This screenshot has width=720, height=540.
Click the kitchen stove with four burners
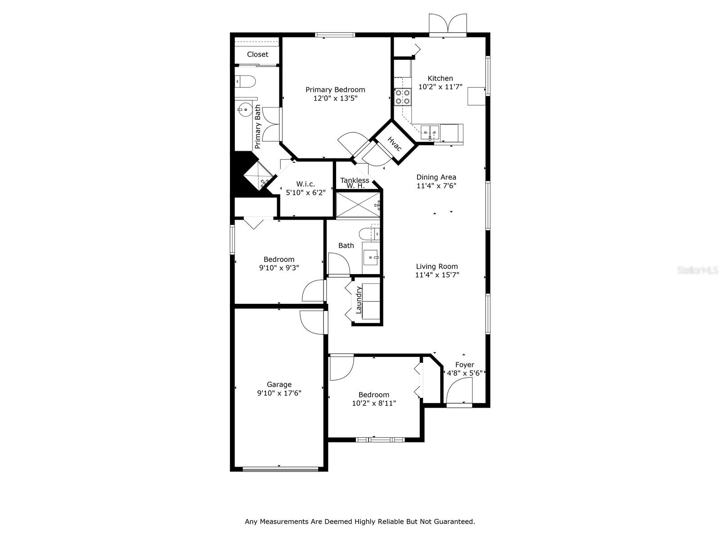[403, 97]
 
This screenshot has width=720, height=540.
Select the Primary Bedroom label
[335, 90]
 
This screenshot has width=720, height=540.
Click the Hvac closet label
[394, 144]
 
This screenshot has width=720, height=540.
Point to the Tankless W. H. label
[355, 183]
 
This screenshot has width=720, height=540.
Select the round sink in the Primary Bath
[245, 109]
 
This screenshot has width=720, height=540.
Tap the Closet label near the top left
[257, 54]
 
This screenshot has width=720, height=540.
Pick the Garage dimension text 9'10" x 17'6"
[279, 393]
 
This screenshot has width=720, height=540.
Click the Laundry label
[359, 300]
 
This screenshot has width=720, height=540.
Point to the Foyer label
[464, 365]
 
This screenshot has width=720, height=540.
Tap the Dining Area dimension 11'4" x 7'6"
[436, 185]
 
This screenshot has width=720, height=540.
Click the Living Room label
[436, 266]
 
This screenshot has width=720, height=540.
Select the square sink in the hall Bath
[371, 258]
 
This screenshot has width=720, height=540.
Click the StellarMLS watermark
[698, 270]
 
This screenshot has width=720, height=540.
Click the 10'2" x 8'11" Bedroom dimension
[374, 403]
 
